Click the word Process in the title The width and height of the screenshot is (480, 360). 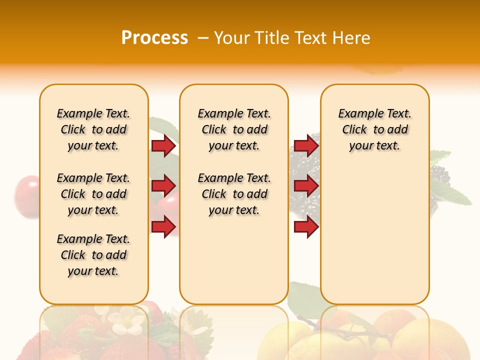click(154, 38)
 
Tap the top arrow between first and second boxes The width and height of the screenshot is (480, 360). click(163, 145)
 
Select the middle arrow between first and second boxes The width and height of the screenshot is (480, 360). click(163, 186)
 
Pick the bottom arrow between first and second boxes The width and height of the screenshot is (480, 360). click(163, 226)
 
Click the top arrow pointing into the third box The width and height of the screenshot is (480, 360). click(306, 145)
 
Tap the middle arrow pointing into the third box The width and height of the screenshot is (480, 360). click(306, 186)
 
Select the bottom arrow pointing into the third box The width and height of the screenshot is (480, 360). click(306, 226)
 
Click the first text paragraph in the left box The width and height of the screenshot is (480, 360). click(93, 129)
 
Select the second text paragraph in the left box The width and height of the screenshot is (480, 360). click(93, 194)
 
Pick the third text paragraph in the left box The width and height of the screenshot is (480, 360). click(93, 255)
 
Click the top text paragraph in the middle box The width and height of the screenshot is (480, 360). click(234, 129)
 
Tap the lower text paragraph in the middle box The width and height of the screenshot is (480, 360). click(234, 194)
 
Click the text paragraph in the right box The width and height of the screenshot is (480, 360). click(374, 129)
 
